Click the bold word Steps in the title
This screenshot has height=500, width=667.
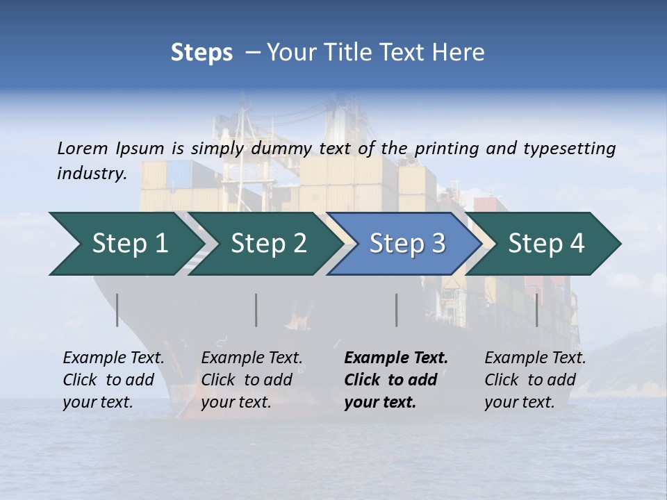(201, 52)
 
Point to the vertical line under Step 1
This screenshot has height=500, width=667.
(117, 310)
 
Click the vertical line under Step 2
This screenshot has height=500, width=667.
(256, 310)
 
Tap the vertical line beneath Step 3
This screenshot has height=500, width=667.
(396, 310)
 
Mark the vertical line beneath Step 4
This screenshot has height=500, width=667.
(536, 310)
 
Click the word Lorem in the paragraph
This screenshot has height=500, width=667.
(83, 148)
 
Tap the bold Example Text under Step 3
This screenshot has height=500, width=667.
(396, 358)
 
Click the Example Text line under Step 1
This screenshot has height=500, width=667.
(113, 358)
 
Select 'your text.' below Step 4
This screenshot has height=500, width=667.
(520, 402)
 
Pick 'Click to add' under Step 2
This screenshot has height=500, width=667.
(247, 380)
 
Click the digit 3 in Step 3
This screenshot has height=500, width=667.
(438, 244)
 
